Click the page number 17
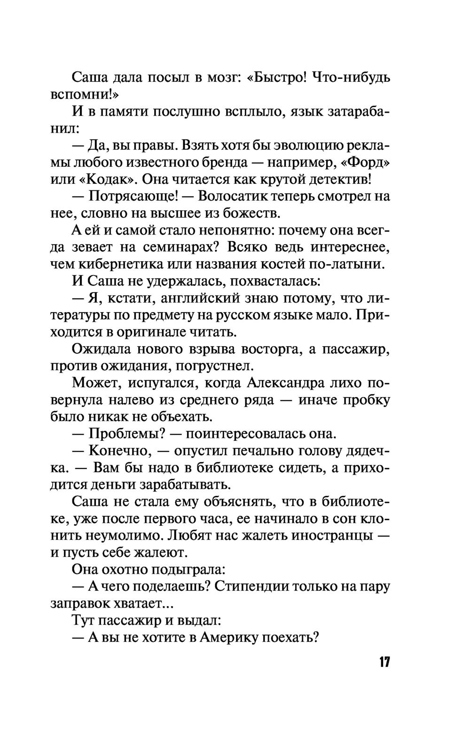tap(384, 662)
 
